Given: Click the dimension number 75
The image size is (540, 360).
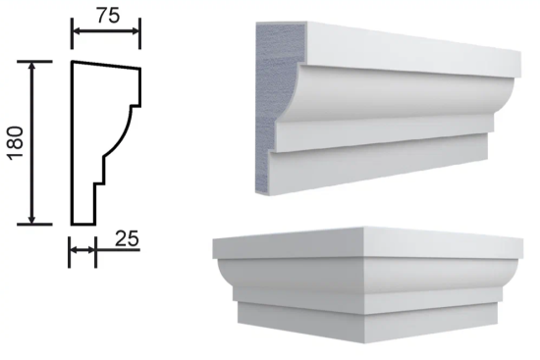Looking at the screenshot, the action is coord(108,16).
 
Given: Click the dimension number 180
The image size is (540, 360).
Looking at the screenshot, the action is coord(16,143).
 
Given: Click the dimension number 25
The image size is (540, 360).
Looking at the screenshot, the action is coord(127,238).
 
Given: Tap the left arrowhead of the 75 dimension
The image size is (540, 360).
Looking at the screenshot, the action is coord(78,31).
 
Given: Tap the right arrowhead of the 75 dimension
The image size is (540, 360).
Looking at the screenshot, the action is coord(135,31).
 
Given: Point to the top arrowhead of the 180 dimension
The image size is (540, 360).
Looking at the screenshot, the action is coord(32,67).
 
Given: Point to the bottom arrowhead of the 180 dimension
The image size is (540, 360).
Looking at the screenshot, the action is coord(32,219).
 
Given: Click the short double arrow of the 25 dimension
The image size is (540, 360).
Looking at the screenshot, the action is coord(82,250).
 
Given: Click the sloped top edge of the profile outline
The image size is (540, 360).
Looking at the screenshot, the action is coord(106,65).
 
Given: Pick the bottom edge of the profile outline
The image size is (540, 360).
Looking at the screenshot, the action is coord(83,224).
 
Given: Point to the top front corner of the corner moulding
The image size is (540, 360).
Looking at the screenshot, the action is coord(363,228).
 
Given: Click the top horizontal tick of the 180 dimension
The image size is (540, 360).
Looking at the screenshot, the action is coord(34,62).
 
